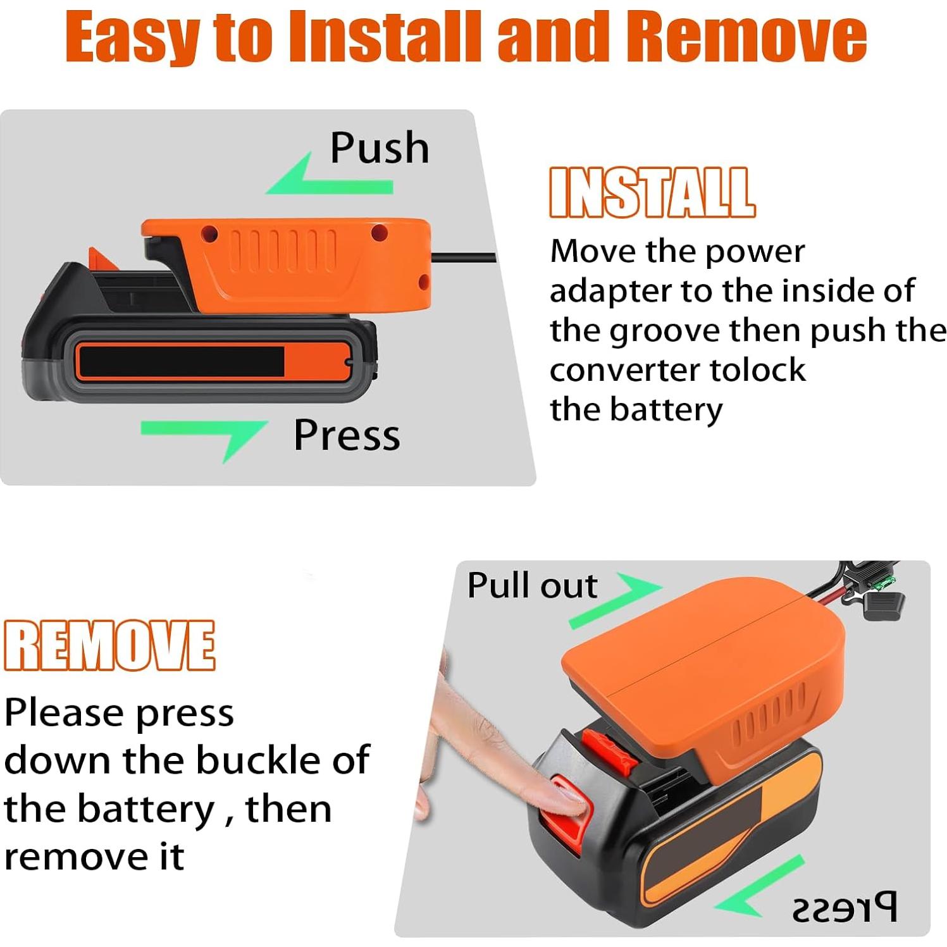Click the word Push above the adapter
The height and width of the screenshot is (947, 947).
pos(380,148)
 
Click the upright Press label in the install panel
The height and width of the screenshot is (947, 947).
pos(347,435)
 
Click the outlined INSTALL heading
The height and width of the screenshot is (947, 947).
pos(652,192)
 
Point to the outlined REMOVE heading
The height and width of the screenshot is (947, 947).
pos(109,645)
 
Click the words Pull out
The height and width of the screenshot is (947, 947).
pos(531,585)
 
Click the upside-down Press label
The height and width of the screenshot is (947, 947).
pos(845,908)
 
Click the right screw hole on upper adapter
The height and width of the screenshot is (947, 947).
pos(380,233)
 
